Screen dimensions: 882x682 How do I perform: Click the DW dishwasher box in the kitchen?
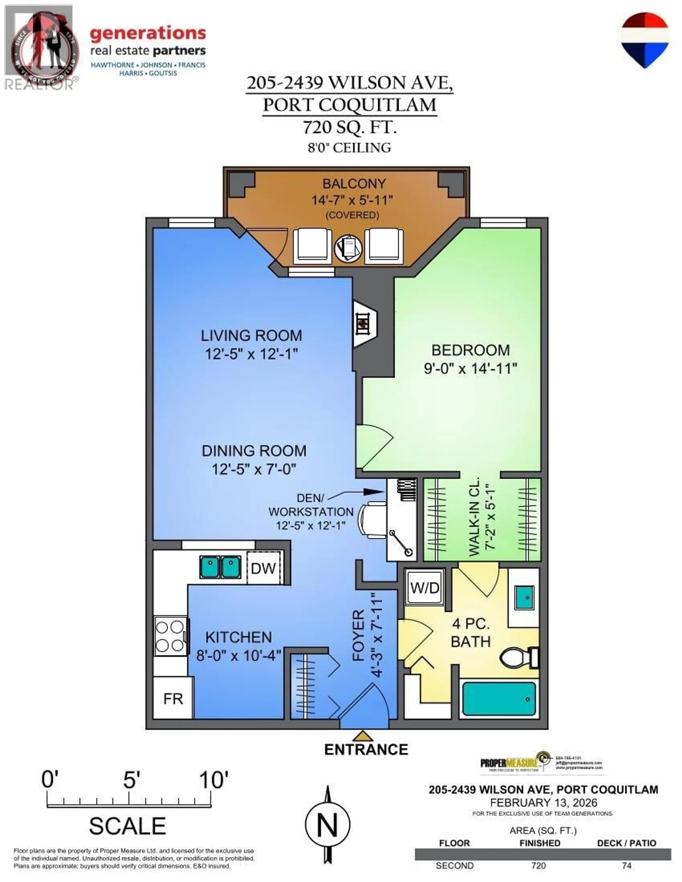pos(263,568)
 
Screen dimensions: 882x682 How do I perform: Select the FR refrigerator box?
pos(173,698)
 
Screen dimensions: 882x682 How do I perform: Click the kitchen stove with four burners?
pos(170,636)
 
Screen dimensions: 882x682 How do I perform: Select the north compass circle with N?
pos(327,825)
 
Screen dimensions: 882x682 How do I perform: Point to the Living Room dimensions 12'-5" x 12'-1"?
pos(251,354)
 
